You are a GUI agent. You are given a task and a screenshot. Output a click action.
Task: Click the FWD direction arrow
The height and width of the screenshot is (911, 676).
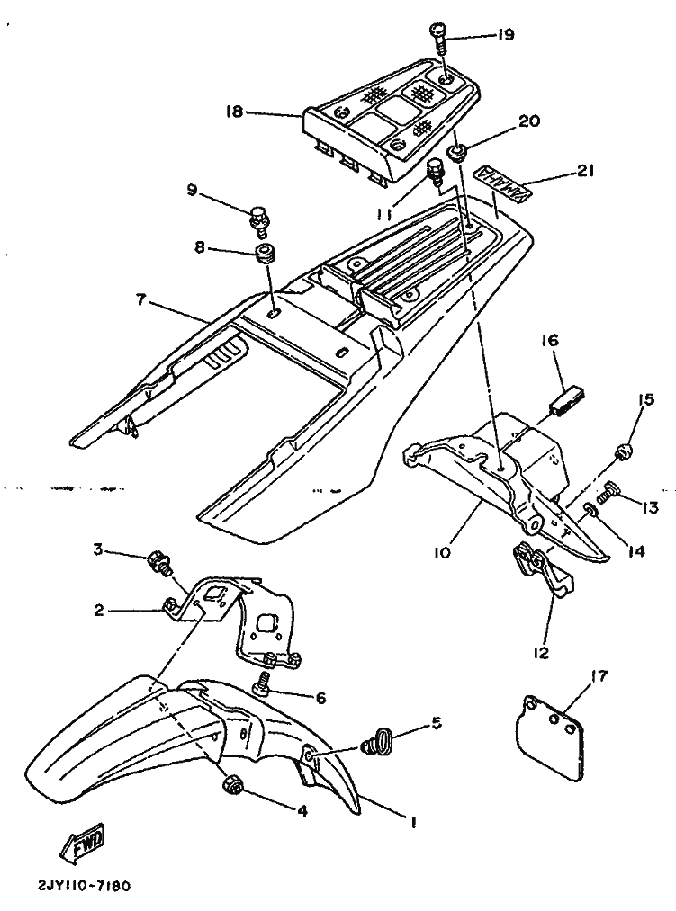tap(82, 843)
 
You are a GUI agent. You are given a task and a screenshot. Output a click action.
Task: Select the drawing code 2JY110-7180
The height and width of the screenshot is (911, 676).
tap(84, 886)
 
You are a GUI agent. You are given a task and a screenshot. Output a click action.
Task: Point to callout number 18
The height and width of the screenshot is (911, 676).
tap(234, 111)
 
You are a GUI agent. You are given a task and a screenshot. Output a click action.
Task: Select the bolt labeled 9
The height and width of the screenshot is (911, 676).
tap(259, 219)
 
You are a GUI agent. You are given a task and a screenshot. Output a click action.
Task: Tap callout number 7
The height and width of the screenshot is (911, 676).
tap(143, 301)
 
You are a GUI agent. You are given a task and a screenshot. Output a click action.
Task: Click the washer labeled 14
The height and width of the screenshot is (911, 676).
tap(590, 512)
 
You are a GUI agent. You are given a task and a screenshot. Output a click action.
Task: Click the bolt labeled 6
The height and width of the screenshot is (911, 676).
tap(262, 683)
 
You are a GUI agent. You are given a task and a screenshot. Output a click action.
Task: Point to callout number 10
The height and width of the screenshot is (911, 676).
tap(442, 552)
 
